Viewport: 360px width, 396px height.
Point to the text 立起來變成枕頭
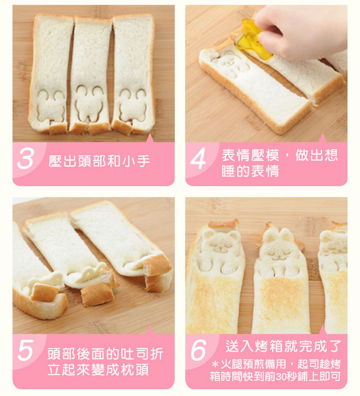click(x=99, y=370)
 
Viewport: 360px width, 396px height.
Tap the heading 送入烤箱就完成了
click(x=283, y=345)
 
